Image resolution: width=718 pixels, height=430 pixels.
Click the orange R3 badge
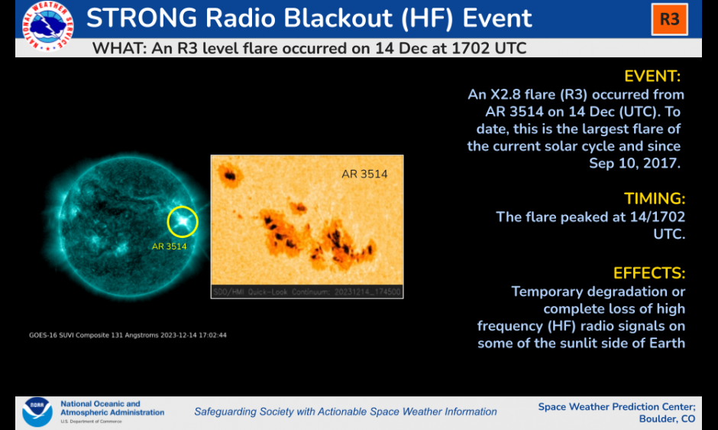point(669,19)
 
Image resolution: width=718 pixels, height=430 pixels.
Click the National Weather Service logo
point(47,26)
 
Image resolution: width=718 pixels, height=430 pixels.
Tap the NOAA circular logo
point(37,412)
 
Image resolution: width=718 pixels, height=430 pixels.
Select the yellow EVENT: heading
point(652,77)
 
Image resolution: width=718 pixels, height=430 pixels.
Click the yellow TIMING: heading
point(655,199)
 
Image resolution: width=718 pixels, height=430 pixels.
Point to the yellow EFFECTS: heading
point(649,273)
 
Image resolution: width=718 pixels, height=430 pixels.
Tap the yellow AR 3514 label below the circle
point(169,246)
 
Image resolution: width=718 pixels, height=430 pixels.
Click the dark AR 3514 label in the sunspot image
point(364,174)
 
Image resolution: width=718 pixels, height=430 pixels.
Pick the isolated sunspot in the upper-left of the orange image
point(229,175)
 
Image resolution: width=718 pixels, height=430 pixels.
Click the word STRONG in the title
point(141,18)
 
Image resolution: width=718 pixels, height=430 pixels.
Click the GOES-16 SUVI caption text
point(128,335)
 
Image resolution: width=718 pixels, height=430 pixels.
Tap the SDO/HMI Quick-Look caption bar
point(307,292)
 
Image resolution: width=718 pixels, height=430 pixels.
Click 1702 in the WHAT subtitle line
point(470,48)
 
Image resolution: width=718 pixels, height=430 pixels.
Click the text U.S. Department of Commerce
point(91,422)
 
